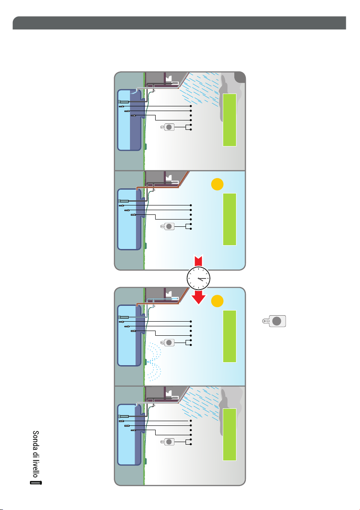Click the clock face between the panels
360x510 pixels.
(x=198, y=278)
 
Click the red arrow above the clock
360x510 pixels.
(x=198, y=260)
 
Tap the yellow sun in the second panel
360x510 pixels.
(x=217, y=185)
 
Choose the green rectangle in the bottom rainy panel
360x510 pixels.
(x=230, y=434)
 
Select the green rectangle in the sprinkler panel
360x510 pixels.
(x=230, y=336)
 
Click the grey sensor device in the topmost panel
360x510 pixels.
(x=168, y=127)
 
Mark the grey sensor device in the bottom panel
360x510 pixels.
(x=168, y=442)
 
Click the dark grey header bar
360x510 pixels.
(x=180, y=23)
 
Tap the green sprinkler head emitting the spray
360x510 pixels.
(x=146, y=362)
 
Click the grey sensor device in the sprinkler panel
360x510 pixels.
(x=168, y=342)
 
